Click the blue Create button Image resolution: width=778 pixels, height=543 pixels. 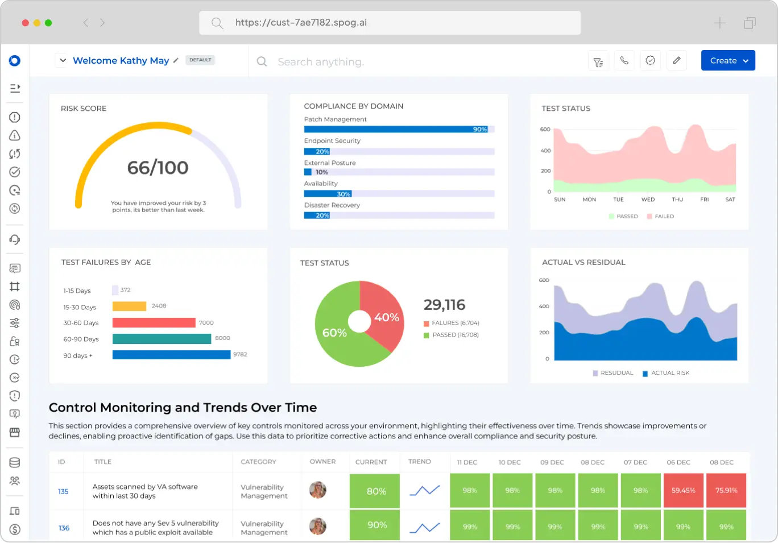point(727,61)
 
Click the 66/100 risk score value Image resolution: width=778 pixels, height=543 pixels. point(158,168)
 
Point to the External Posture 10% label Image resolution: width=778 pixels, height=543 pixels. point(322,172)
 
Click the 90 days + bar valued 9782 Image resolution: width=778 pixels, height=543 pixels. point(171,355)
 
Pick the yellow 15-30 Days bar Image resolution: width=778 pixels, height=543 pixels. point(129,306)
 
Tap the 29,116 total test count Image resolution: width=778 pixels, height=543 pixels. point(444,305)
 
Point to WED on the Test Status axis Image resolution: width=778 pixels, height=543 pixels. point(648,200)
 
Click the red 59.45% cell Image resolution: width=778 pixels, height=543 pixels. point(683,490)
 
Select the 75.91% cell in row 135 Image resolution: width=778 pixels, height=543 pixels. point(726,490)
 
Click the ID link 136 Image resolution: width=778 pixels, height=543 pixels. point(64,528)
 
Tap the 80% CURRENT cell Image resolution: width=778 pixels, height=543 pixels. point(376,491)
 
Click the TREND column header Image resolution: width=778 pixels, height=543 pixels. point(420,462)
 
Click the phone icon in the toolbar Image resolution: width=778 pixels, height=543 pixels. point(624,61)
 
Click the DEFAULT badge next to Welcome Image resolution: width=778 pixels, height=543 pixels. point(200,60)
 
